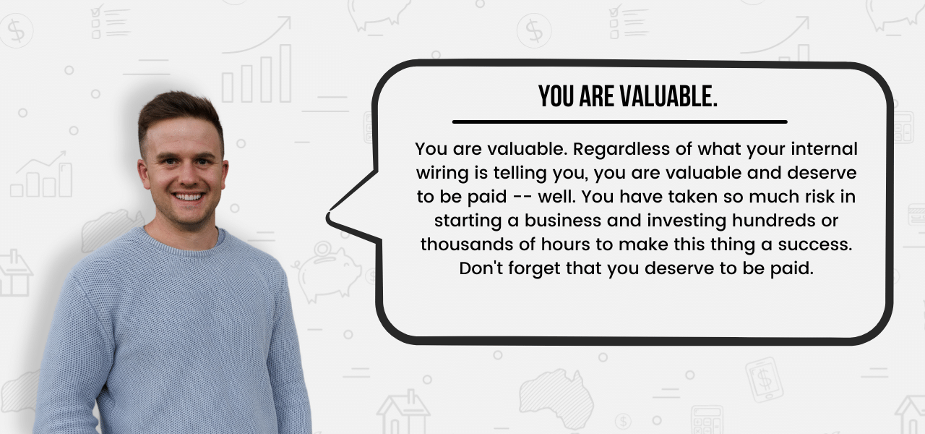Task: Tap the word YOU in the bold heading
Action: click(x=556, y=97)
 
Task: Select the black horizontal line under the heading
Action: click(x=619, y=122)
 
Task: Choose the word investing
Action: click(x=687, y=221)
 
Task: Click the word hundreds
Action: click(x=774, y=221)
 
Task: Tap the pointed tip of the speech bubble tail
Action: click(x=328, y=216)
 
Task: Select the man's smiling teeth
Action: click(x=189, y=197)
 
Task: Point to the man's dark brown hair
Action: click(x=180, y=116)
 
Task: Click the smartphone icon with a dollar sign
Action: click(x=764, y=380)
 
